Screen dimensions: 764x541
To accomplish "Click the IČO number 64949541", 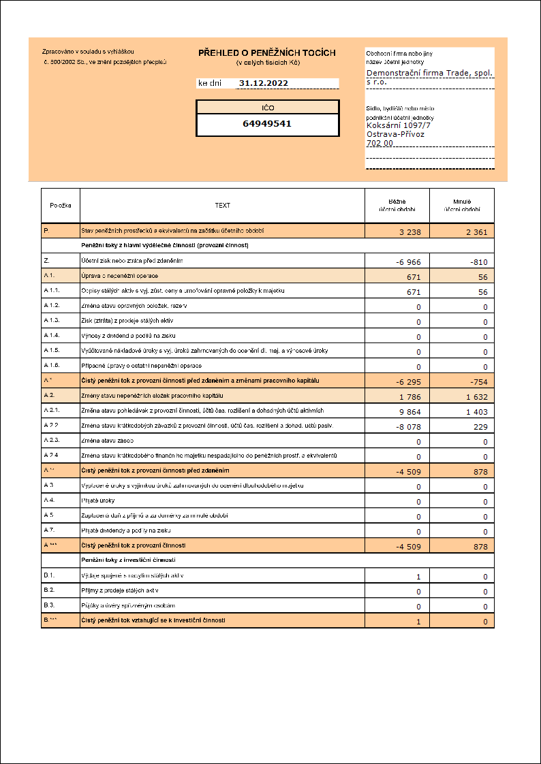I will tap(267, 124).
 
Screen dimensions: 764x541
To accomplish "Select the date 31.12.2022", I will tap(263, 83).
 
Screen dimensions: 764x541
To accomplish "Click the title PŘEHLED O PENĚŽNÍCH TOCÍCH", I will tap(267, 53).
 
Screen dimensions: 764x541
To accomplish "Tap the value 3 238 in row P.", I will tap(410, 232).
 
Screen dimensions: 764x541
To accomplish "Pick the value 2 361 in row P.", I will tap(476, 232).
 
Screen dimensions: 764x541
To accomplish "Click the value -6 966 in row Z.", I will tap(409, 262).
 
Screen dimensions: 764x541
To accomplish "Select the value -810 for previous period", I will tap(478, 262).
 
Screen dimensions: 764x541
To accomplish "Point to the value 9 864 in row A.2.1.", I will tap(410, 412).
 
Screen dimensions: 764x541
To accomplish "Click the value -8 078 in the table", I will tap(409, 427).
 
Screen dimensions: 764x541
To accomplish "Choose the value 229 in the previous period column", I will tap(481, 427).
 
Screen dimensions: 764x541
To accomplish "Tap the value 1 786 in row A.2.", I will tap(410, 397).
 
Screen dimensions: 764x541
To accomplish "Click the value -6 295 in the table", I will tap(409, 382).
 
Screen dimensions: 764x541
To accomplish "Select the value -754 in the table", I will tap(478, 382).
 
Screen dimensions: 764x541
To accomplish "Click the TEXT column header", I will tap(223, 205).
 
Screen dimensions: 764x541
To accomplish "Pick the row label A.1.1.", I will tap(52, 291).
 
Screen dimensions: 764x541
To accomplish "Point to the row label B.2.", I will tap(49, 590).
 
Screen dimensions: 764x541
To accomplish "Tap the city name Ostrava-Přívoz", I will tap(395, 134).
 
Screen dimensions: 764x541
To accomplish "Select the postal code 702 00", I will tap(380, 143).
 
